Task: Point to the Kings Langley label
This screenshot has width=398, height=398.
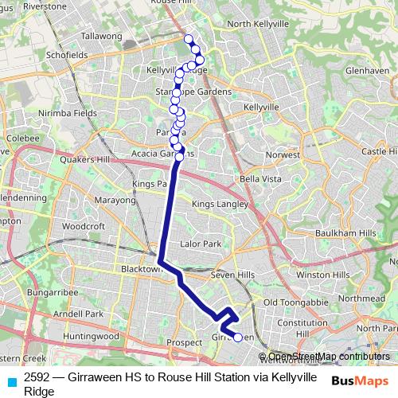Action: click(x=219, y=205)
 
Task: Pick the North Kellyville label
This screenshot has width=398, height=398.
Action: click(x=257, y=24)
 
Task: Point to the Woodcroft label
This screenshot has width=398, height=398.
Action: click(x=84, y=226)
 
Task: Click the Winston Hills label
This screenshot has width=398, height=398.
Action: click(x=322, y=275)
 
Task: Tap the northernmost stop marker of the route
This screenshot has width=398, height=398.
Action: click(x=189, y=39)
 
